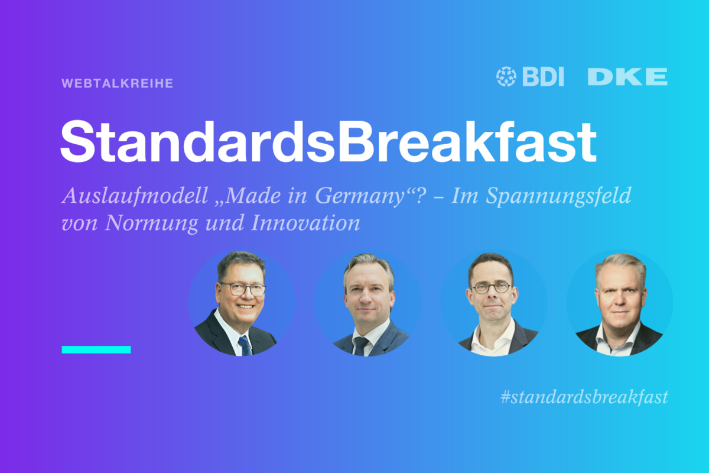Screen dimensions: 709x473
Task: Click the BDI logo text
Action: (x=543, y=77)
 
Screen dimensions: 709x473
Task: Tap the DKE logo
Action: (x=627, y=77)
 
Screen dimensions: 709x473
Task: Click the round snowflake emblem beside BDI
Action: (x=506, y=77)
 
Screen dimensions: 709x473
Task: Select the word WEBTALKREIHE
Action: (x=118, y=83)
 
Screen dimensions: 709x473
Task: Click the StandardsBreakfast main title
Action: (x=329, y=142)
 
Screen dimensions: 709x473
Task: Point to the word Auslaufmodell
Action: (x=135, y=196)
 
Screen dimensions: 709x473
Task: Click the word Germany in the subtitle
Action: (x=360, y=197)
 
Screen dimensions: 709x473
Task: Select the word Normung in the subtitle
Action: (x=152, y=223)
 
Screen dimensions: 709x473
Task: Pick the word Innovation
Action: (x=305, y=223)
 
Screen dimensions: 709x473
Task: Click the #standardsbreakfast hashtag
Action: (x=584, y=397)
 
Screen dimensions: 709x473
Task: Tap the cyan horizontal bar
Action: (x=96, y=349)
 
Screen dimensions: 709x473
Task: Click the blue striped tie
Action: (x=245, y=346)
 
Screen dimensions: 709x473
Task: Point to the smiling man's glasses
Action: (x=243, y=289)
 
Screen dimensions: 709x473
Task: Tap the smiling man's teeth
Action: (x=246, y=306)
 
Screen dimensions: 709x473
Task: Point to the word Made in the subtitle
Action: (x=253, y=195)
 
